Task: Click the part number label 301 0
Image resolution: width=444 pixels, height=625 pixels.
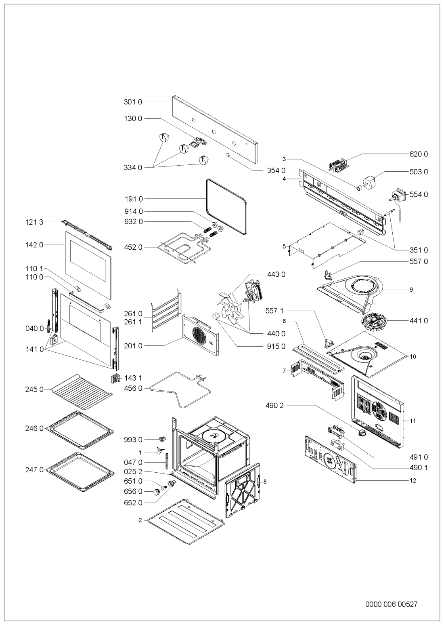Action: click(x=133, y=102)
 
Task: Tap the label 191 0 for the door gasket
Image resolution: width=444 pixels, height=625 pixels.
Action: click(x=134, y=199)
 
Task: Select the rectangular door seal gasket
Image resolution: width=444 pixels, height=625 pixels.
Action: click(x=226, y=207)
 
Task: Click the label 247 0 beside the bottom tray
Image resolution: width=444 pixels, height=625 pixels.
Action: click(x=34, y=470)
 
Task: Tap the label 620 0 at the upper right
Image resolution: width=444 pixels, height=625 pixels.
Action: click(x=419, y=154)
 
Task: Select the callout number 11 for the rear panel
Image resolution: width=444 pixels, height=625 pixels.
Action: click(x=413, y=421)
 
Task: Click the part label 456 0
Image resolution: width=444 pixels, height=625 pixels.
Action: click(x=133, y=388)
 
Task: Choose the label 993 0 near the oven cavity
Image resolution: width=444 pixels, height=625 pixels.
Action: click(x=133, y=440)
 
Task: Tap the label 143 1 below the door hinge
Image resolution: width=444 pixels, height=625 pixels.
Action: click(x=133, y=378)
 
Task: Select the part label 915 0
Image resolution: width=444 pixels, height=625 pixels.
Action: click(x=276, y=346)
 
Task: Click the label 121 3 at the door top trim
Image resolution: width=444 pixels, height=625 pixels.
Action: click(x=34, y=222)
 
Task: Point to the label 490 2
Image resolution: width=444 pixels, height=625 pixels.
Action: click(x=274, y=406)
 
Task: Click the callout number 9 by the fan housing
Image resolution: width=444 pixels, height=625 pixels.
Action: click(x=411, y=290)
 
